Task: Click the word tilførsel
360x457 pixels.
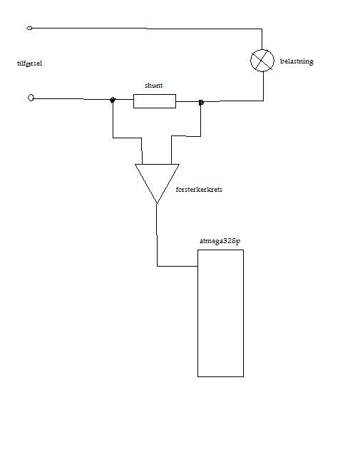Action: click(30, 63)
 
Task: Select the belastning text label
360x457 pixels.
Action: click(297, 61)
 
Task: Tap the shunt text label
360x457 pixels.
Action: click(153, 85)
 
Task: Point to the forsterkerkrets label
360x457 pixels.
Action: click(199, 190)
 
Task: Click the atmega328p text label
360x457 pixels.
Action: click(220, 241)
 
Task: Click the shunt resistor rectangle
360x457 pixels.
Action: click(155, 101)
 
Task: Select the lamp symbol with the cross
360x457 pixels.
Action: click(262, 61)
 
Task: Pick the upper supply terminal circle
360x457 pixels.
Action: click(29, 28)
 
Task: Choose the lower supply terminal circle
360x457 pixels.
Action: click(31, 98)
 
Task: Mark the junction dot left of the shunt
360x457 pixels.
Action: click(113, 100)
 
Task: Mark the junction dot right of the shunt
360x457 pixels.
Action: click(201, 102)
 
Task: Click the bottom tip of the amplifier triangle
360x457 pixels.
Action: click(157, 204)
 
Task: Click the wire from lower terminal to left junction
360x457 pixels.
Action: click(72, 99)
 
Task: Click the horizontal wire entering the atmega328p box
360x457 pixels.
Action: click(178, 266)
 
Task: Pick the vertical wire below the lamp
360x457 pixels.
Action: click(264, 86)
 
